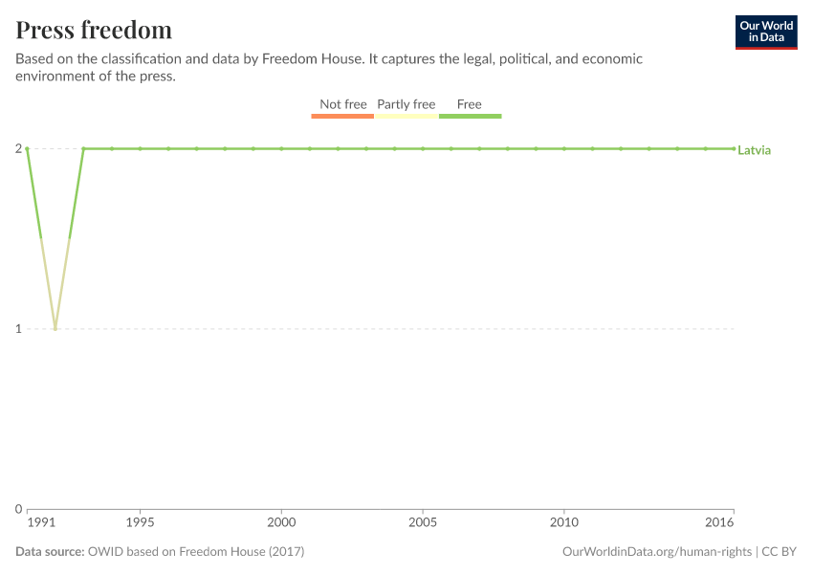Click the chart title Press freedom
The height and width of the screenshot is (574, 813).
(94, 30)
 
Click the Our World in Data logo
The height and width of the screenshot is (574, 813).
(765, 32)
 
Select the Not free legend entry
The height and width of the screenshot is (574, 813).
(342, 104)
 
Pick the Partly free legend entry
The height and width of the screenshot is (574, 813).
(406, 104)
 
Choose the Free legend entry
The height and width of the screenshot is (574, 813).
(470, 104)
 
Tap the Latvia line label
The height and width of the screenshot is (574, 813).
(754, 150)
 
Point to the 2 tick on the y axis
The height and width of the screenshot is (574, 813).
(18, 148)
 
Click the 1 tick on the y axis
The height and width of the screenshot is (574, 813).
(18, 329)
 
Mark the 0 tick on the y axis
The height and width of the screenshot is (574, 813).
(18, 509)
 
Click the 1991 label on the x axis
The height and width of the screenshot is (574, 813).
(40, 523)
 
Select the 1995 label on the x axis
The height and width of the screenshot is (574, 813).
(140, 523)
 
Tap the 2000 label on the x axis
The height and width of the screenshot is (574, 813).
(281, 523)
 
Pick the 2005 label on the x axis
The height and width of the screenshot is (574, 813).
(423, 523)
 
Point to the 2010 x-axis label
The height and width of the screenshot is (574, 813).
(564, 523)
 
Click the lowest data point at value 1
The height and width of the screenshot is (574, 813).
(55, 329)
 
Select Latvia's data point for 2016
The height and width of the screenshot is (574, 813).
(734, 148)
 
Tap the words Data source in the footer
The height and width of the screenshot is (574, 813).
(49, 552)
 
